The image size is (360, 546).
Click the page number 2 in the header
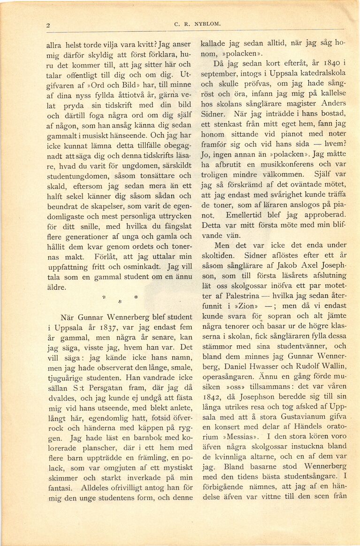48,25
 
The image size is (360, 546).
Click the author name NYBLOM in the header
193,23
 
